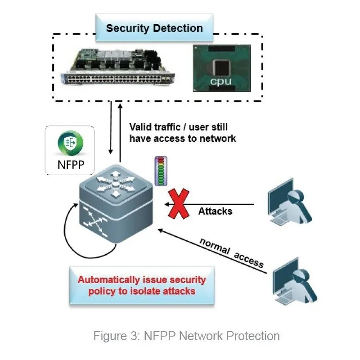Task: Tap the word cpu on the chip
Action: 220,81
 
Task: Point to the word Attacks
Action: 215,211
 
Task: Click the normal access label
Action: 231,252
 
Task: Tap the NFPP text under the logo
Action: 70,164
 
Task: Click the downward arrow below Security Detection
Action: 111,128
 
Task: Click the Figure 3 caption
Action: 186,336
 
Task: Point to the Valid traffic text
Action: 182,132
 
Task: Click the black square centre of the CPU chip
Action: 220,67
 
